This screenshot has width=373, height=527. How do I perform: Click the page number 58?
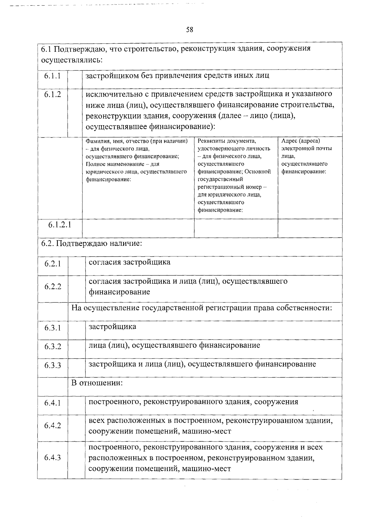click(x=189, y=30)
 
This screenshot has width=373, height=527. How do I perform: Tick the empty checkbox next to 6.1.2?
click(x=75, y=112)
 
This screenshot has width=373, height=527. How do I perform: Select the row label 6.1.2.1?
click(x=60, y=225)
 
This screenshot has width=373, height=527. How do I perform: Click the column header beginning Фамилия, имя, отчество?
click(x=137, y=160)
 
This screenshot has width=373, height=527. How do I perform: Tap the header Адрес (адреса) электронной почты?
click(x=306, y=156)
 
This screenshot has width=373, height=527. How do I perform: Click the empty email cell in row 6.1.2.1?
click(x=310, y=228)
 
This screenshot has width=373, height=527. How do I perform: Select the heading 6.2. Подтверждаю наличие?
click(x=92, y=243)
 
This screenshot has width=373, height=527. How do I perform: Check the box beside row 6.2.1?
click(x=77, y=266)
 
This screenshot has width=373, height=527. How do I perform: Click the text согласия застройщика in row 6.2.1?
click(x=130, y=262)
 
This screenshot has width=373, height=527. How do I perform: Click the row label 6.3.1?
click(x=53, y=328)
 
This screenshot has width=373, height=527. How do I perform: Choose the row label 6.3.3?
click(x=53, y=365)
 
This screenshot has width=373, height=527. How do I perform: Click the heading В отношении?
click(x=97, y=383)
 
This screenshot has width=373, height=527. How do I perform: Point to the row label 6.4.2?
click(x=53, y=426)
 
